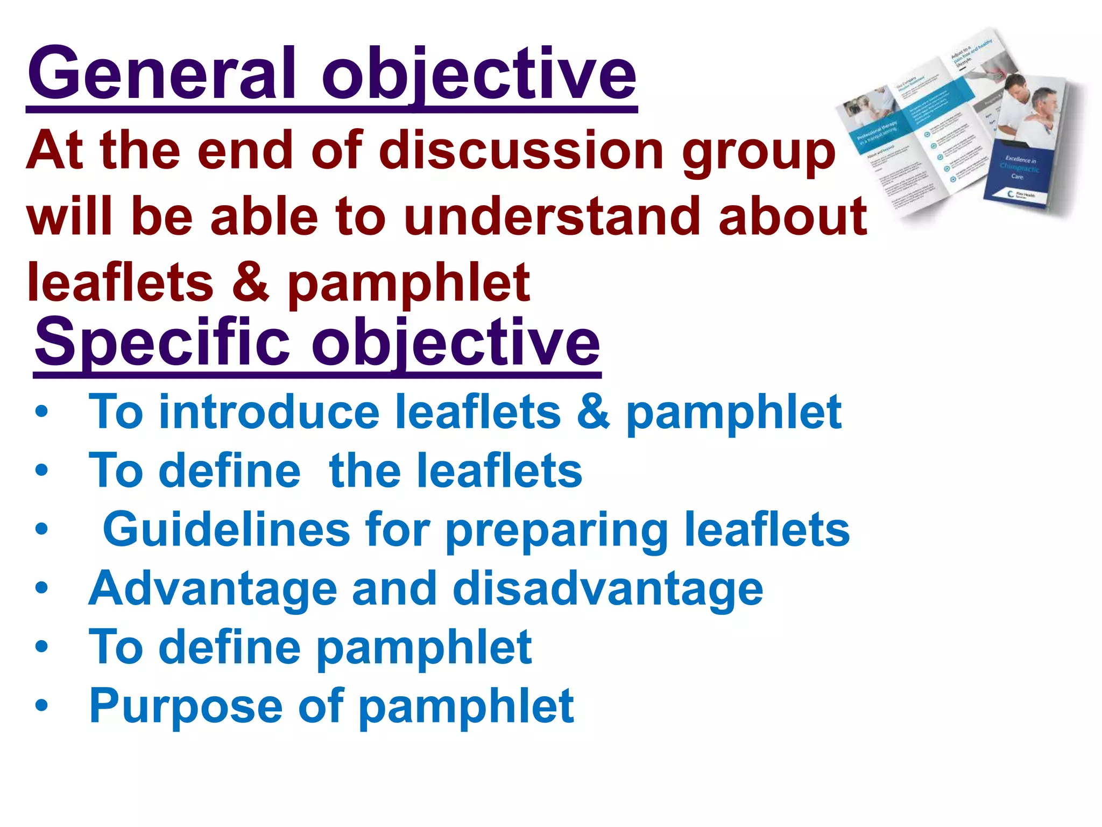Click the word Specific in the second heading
point(161,341)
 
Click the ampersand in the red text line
point(250,282)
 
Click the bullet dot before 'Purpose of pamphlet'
point(41,705)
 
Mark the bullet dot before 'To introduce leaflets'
point(41,412)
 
